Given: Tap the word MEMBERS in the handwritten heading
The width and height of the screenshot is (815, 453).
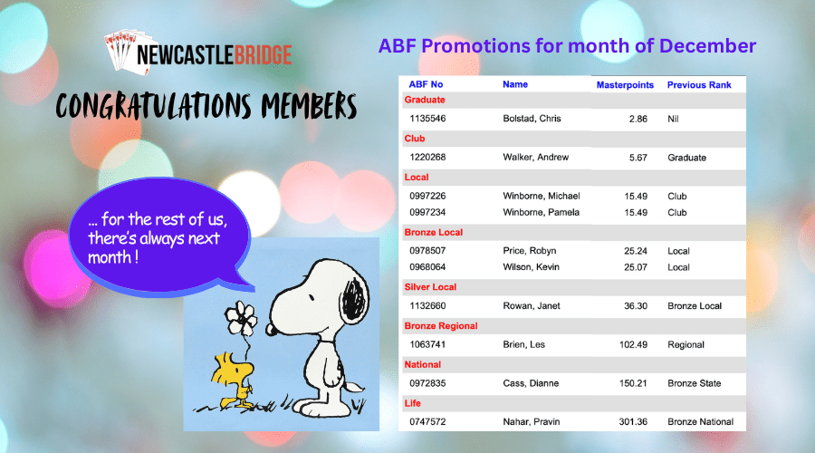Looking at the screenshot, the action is click(309, 106).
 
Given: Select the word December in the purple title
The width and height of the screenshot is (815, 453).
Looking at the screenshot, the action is click(707, 46).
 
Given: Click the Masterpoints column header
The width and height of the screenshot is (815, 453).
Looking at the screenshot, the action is click(625, 85).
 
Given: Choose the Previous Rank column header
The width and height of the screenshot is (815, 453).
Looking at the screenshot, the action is click(699, 85).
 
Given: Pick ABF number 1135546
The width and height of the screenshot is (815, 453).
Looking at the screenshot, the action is click(427, 119).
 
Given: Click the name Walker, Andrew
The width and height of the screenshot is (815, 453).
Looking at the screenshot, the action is click(535, 157).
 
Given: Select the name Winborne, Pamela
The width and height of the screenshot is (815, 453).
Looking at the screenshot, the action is click(541, 212).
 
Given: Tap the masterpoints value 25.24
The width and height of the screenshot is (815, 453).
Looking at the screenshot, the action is click(635, 251).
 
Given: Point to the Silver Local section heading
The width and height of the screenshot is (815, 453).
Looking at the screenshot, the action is click(430, 287).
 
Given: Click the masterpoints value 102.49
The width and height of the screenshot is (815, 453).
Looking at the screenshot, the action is click(633, 344).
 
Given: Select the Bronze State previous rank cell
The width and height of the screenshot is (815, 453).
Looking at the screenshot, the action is click(694, 383).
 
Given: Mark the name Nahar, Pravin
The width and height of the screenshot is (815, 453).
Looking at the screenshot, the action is click(532, 422).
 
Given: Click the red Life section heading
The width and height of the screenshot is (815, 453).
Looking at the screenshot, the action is click(412, 403).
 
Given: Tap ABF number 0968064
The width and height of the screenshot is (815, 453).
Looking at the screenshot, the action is click(427, 267).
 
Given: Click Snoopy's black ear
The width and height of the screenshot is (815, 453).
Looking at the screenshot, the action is click(354, 301).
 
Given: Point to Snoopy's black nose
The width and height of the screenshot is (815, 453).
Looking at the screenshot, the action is click(269, 329).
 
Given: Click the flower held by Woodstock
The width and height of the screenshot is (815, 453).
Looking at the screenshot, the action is click(240, 318).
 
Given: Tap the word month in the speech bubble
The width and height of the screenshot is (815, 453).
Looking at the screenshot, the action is click(110, 257).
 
